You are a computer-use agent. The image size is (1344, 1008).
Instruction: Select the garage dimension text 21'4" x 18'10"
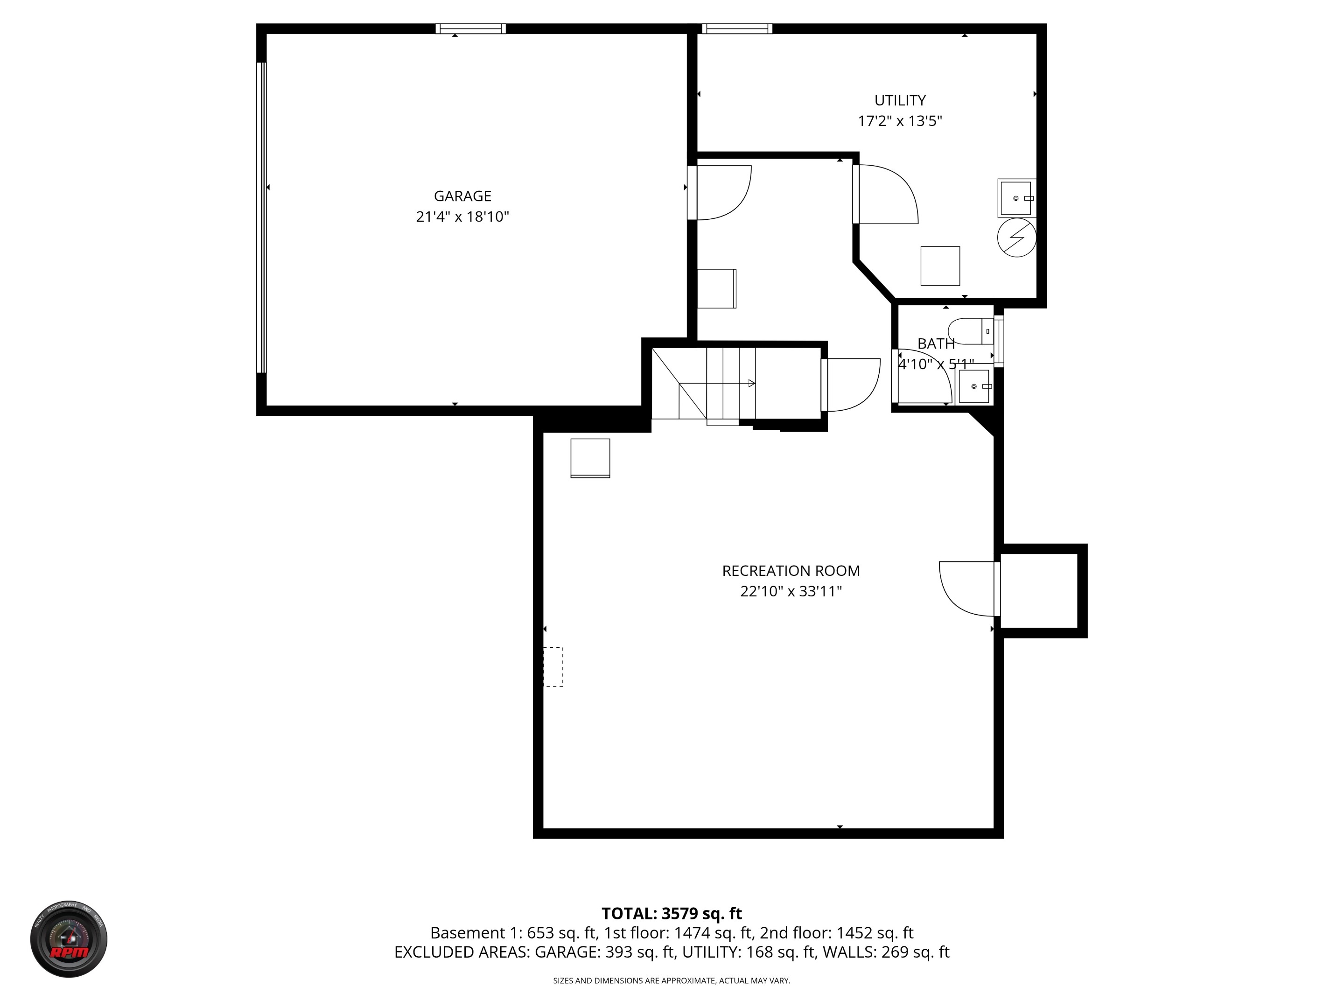coord(462,217)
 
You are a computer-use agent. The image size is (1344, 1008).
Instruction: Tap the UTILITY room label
coord(899,100)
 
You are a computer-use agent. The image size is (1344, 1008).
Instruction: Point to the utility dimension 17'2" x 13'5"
coord(899,121)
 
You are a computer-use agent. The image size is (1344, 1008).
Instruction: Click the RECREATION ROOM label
coord(791,571)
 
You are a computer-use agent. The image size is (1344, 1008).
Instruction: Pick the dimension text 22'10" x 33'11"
coord(791,591)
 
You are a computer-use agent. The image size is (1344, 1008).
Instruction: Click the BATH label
coord(936,344)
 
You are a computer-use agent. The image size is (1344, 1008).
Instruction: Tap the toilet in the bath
coord(972,331)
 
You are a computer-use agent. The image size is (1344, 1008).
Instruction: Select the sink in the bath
coord(974,386)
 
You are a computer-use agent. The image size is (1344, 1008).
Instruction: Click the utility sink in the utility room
coord(1016,198)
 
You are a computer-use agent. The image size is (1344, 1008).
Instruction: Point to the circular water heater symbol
coord(1016,238)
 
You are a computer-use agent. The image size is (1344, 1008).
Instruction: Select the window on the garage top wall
coord(470,28)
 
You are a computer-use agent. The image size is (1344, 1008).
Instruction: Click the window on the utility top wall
coord(737,28)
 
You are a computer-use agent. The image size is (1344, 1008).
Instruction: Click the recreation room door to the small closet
coord(968,588)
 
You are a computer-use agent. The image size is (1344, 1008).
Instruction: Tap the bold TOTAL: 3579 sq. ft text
coord(672,914)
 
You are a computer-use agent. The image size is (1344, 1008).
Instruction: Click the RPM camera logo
coord(69,939)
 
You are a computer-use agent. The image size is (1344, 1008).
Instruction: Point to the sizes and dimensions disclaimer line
coord(672,980)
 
